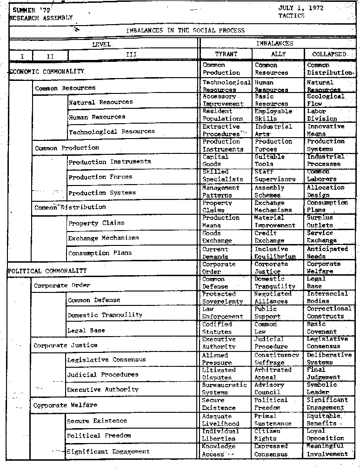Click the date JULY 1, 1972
tap(301, 8)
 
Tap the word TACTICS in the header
tap(292, 15)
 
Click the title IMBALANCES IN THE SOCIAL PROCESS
tap(185, 31)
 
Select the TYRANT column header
tap(226, 54)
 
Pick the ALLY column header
tap(278, 54)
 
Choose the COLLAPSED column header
tap(329, 54)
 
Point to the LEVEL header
tap(101, 44)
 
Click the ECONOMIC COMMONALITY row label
tap(47, 72)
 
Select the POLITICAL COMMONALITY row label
tap(47, 271)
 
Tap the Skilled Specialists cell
tap(222, 175)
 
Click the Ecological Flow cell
tap(326, 100)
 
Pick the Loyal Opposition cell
tap(325, 434)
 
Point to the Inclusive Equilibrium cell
tap(275, 253)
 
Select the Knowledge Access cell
tap(219, 450)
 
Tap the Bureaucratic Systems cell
tap(224, 389)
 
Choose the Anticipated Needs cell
tap(327, 253)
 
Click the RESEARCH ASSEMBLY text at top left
tap(41, 18)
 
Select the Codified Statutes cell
tap(217, 328)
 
